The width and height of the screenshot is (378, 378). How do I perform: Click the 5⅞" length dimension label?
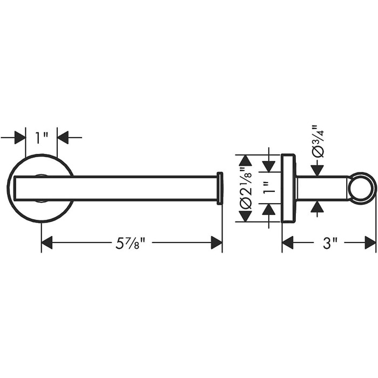(x=131, y=243)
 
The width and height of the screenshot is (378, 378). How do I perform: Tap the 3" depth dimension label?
(x=330, y=243)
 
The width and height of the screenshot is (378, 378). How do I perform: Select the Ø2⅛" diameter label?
(x=246, y=188)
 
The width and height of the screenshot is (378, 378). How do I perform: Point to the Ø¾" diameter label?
(x=318, y=141)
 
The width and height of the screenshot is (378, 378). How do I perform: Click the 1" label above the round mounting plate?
(x=41, y=138)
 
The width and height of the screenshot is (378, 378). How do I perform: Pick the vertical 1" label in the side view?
(x=269, y=188)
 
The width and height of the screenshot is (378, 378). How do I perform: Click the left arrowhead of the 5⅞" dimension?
(x=47, y=242)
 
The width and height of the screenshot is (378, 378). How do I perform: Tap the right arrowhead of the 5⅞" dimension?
(x=217, y=242)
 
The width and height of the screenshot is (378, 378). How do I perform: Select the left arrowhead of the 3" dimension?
(x=288, y=242)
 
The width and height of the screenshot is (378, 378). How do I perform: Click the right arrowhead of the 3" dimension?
(x=370, y=242)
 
